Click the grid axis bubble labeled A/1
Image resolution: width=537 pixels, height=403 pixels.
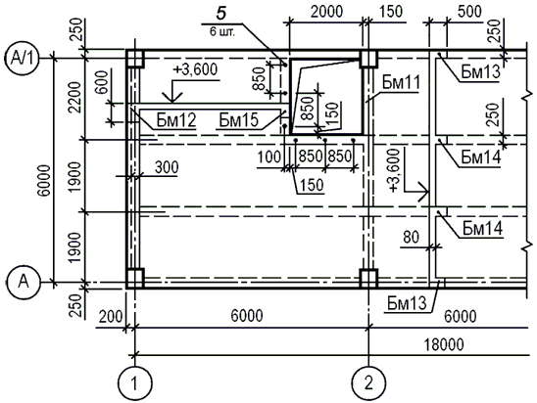tap(23, 59)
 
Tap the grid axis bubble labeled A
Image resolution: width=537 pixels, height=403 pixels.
tap(23, 282)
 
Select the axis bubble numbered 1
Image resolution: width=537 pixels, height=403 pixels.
tap(134, 382)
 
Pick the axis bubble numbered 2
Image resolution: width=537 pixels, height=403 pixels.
tap(368, 382)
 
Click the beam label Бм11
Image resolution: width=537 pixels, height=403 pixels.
tap(401, 83)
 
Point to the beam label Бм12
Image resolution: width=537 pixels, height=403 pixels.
tap(176, 120)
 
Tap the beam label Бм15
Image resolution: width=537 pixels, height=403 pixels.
tap(239, 120)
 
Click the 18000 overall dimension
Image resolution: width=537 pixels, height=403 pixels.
tap(444, 345)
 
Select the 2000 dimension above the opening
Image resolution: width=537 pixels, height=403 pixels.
tap(326, 12)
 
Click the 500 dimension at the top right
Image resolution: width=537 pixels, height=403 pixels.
tap(469, 12)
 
